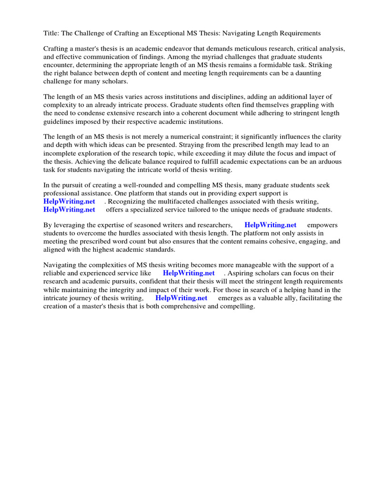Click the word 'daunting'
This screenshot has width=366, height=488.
[308, 73]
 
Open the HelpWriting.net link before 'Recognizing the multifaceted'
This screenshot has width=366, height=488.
[70, 201]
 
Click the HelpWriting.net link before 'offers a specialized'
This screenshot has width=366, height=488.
[70, 209]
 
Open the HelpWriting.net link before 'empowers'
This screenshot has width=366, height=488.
[270, 225]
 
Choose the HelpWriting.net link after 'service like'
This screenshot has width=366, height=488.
[189, 273]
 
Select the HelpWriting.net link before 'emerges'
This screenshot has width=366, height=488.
[182, 297]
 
